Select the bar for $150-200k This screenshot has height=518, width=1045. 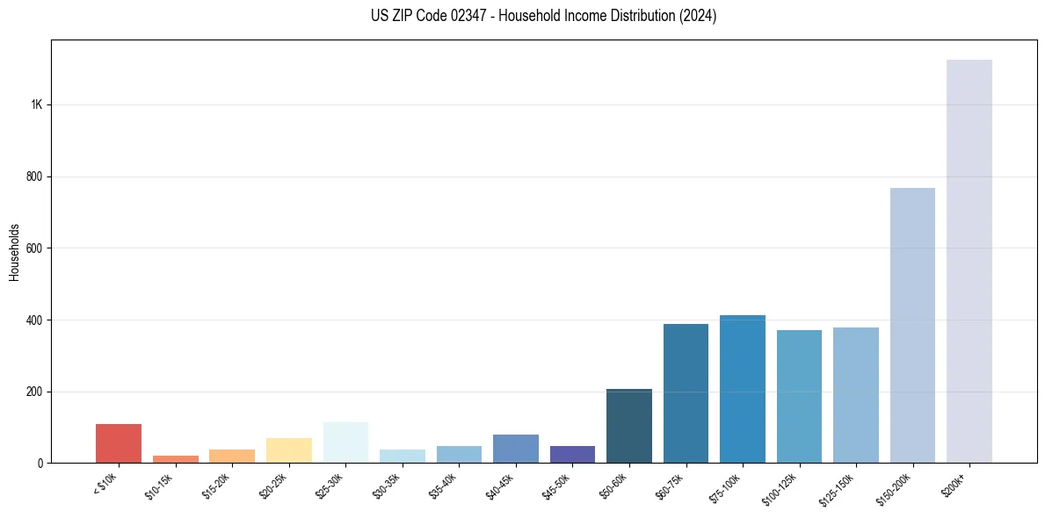coord(912,325)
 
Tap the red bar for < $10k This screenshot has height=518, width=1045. coord(119,443)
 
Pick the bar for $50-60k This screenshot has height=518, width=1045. coord(629,426)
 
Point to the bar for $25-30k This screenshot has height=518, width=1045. coord(345,442)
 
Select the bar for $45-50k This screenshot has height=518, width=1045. coord(572,454)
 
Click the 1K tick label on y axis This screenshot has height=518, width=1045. coord(37,104)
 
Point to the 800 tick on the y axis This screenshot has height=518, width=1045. coord(35,176)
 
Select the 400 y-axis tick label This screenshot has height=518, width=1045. coord(35,320)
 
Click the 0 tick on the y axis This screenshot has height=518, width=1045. coord(40,463)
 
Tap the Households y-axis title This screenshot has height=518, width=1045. coord(15,251)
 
